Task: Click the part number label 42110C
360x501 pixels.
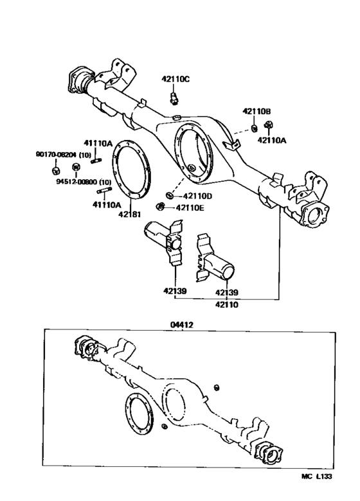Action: pos(175,79)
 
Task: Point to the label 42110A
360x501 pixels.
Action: pos(273,139)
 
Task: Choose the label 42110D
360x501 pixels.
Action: pos(197,196)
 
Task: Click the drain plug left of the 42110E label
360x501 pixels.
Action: pos(161,206)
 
